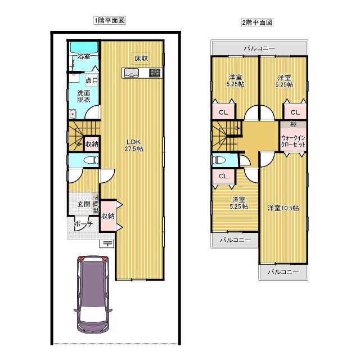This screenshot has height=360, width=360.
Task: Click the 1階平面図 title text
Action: [x=109, y=20]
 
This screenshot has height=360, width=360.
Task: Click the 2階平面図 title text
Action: [x=257, y=23]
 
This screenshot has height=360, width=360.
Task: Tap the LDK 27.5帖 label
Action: [x=134, y=145]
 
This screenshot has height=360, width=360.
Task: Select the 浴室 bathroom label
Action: [x=84, y=57]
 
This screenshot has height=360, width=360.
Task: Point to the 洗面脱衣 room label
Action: [x=84, y=96]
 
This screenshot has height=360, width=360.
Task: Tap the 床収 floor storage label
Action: [x=141, y=58]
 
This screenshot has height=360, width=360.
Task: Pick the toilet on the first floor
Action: [x=88, y=161]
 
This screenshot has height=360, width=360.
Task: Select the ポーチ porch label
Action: [x=83, y=223]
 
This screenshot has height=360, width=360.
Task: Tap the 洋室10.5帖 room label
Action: [x=283, y=208]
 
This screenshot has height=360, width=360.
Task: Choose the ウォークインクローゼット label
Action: [x=293, y=141]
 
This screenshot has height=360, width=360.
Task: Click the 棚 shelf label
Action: [x=293, y=124]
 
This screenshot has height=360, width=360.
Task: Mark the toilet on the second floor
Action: [x=220, y=160]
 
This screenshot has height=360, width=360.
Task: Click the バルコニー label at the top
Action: [x=259, y=49]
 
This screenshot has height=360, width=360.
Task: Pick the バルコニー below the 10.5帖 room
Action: [x=283, y=272]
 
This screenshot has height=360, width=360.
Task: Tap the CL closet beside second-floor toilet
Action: [x=223, y=177]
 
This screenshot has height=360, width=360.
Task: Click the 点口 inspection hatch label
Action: [x=91, y=80]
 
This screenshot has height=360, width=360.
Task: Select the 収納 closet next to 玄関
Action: [x=108, y=215]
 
